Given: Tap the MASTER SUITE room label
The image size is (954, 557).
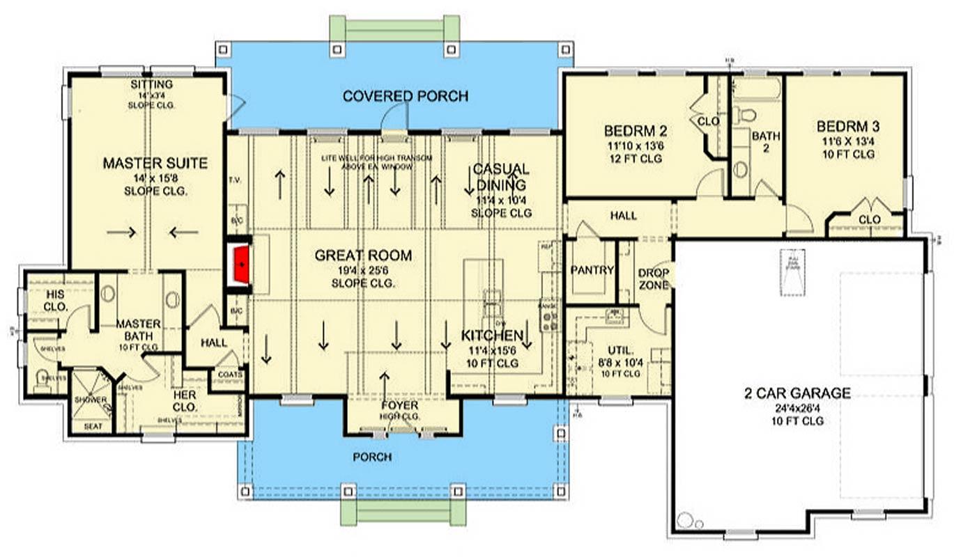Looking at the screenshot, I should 155,164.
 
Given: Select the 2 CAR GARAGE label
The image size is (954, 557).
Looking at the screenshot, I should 797,393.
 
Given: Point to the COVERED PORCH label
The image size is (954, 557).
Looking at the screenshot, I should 406,96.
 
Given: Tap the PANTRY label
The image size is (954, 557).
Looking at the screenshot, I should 592,270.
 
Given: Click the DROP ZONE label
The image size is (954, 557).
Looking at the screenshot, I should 654,278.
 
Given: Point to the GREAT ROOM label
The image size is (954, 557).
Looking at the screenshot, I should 363,256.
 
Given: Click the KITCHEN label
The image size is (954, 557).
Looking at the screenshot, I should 491,336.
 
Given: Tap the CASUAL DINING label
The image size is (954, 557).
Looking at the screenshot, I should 501,177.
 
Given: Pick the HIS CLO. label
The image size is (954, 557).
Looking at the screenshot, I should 56,300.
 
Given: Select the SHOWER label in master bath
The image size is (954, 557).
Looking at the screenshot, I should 91,400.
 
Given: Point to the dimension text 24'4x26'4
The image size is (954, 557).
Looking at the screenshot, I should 797,408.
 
